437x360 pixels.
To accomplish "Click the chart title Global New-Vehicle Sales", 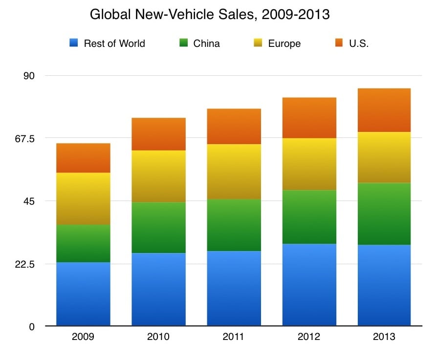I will coord(210,15).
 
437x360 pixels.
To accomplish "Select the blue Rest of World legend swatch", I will coord(74,43).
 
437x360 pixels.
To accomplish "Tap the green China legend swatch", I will coord(184,43).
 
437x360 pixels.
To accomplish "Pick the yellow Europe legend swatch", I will coord(259,43).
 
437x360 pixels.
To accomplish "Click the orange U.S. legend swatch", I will coord(339,43).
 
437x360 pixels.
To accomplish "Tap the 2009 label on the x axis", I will coord(83,337).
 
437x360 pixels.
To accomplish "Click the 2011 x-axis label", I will coord(234,337).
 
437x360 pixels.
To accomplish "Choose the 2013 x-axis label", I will coord(384,337).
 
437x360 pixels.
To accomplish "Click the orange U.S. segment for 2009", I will coord(83,158).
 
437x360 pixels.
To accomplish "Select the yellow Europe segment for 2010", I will coord(158,176).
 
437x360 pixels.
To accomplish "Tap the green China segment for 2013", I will coord(384,213).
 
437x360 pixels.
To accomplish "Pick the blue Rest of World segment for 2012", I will coord(309,284).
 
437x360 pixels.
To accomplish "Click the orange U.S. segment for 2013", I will coord(384,110).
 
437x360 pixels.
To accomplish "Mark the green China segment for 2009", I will coord(83,243).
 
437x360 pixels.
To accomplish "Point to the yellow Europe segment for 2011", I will coord(234,171).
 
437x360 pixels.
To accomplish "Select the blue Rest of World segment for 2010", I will coord(158,289).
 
